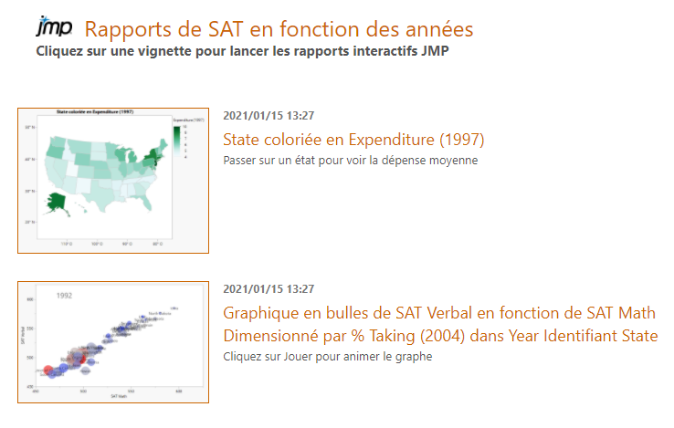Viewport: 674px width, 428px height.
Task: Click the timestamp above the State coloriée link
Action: click(x=269, y=116)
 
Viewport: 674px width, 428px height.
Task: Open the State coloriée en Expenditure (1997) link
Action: click(x=353, y=140)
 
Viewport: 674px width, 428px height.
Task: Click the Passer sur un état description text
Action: click(x=350, y=160)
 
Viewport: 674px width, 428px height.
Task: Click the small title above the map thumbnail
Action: click(x=96, y=111)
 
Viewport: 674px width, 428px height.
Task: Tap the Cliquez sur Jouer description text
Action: click(x=327, y=356)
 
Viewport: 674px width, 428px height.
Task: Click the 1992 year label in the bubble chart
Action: click(x=65, y=296)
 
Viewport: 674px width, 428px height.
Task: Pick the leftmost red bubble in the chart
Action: click(x=48, y=371)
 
